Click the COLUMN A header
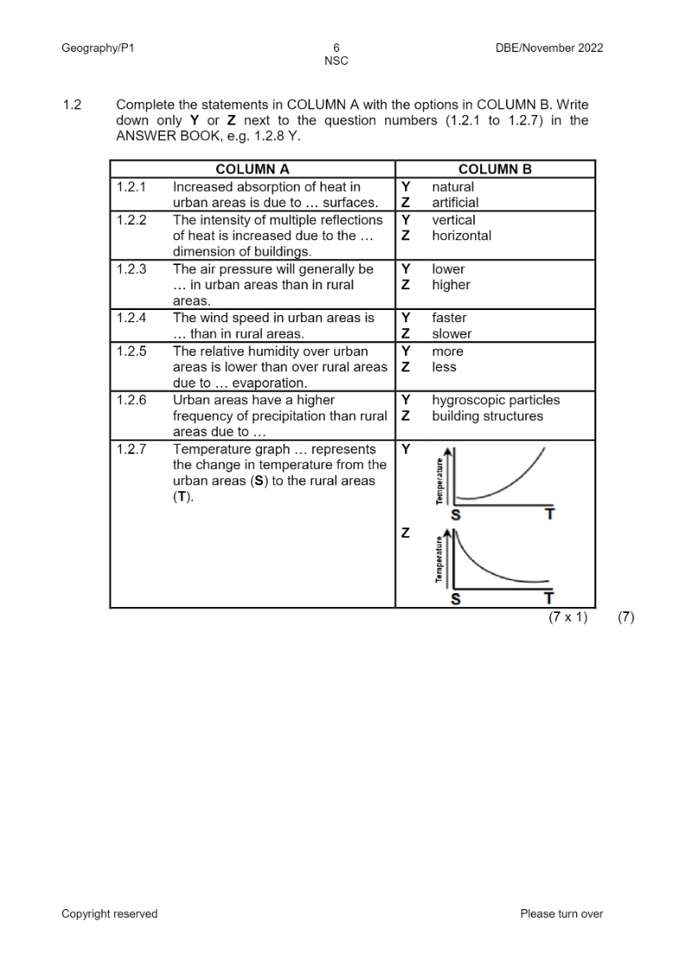click(x=252, y=169)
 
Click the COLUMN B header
click(x=495, y=169)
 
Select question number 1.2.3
click(x=131, y=269)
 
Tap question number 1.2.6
click(x=131, y=401)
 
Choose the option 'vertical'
click(x=454, y=220)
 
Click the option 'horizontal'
click(x=461, y=236)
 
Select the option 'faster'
click(x=449, y=319)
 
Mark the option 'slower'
click(x=452, y=334)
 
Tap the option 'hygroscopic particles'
click(x=496, y=401)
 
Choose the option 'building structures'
click(x=487, y=416)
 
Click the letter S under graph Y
click(x=456, y=515)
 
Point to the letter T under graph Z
click(x=548, y=598)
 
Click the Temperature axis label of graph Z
click(x=440, y=560)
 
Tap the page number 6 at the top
click(x=335, y=48)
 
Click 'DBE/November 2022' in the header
click(x=549, y=48)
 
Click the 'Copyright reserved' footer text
click(x=110, y=914)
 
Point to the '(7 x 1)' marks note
click(x=568, y=618)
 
